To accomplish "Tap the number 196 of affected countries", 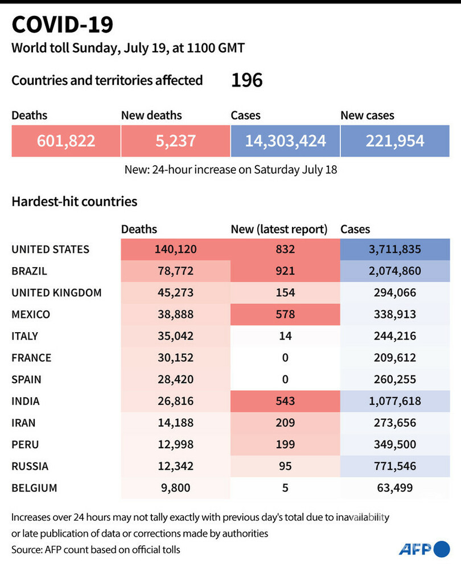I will tap(246, 80).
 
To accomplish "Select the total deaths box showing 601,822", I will tap(66, 141).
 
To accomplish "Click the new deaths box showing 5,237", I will tap(175, 141).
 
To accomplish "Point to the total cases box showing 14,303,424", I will tap(285, 141).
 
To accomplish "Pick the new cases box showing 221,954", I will tap(394, 141).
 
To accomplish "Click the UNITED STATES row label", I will tap(50, 250).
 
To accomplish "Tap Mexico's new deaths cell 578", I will tap(285, 314).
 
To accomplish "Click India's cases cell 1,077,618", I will tap(394, 401).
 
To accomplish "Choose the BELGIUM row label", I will tap(34, 488).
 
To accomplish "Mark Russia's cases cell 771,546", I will tap(394, 466).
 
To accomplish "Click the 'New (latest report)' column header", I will tap(279, 230).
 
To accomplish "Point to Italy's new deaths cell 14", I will tap(285, 336).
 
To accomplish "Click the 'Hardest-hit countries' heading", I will tap(74, 201).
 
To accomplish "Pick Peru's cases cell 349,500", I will tap(394, 444).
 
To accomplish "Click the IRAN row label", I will tap(24, 423).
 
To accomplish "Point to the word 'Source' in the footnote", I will tap(27, 549).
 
